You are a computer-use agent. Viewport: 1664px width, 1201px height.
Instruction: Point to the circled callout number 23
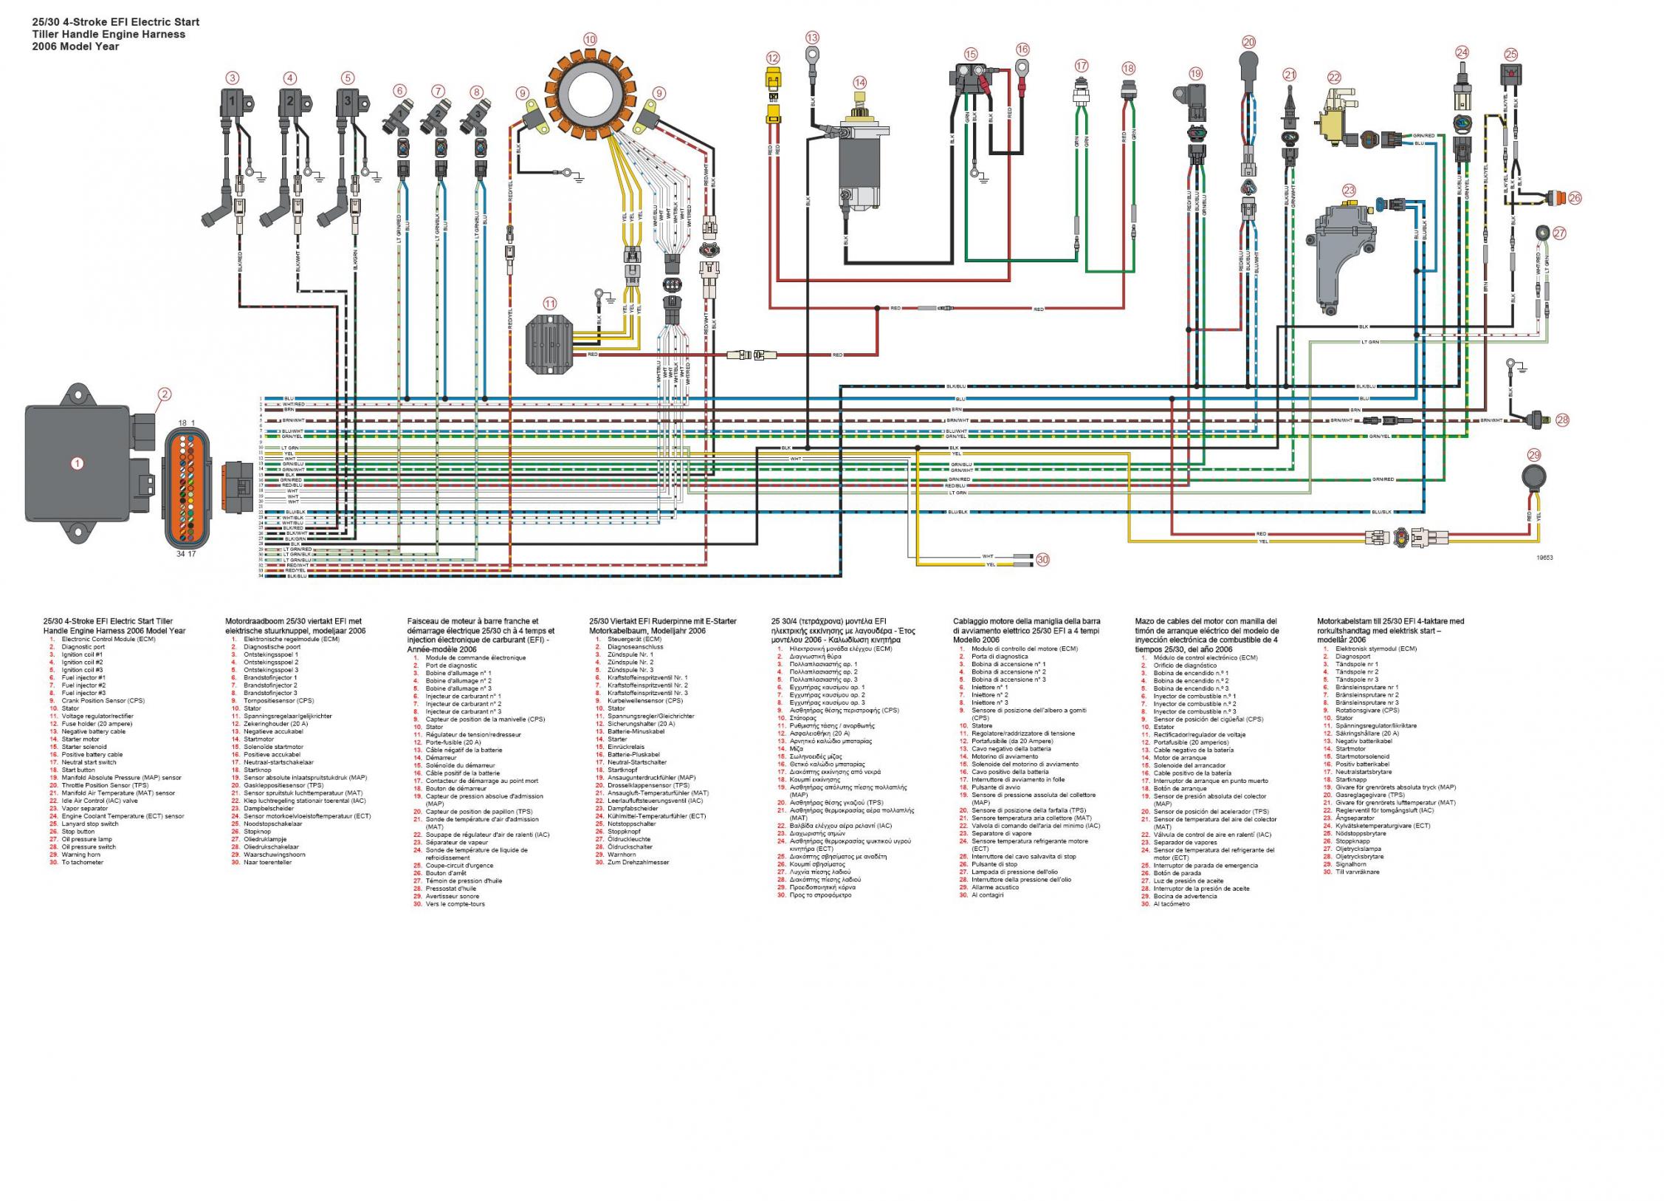(x=1349, y=191)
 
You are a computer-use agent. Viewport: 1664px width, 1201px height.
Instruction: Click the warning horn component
(x=1528, y=479)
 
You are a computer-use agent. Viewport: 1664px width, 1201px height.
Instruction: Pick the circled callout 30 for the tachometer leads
(x=1042, y=560)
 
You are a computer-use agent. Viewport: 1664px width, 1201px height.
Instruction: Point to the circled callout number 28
(x=1562, y=420)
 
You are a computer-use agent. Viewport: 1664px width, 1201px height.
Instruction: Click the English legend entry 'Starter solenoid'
(x=83, y=747)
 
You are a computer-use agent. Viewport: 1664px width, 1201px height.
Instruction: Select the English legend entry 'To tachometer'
(x=82, y=863)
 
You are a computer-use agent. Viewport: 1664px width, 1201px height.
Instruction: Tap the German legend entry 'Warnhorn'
(x=622, y=855)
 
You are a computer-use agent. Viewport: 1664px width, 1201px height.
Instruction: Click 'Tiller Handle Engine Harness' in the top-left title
(x=109, y=34)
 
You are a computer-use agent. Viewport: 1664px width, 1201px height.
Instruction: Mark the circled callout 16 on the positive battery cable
(x=1022, y=49)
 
